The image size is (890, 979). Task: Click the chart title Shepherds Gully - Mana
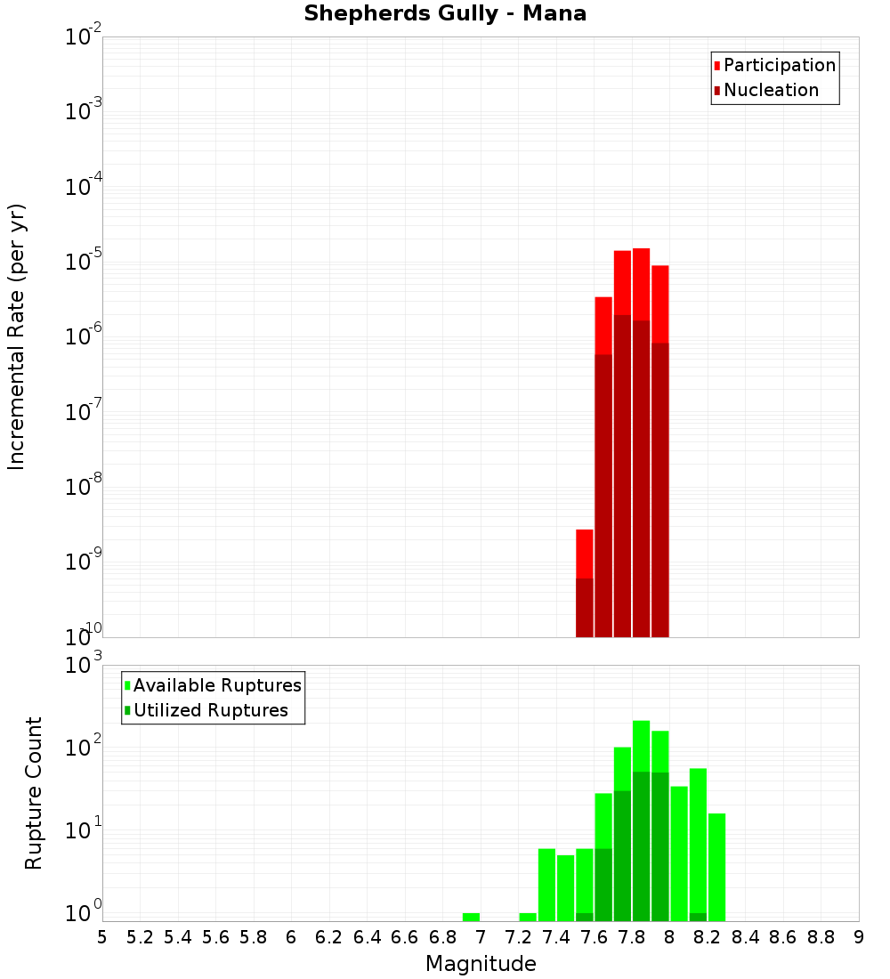pyautogui.click(x=445, y=14)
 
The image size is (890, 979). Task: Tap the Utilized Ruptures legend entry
pyautogui.click(x=210, y=710)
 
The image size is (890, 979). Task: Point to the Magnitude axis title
pyautogui.click(x=481, y=964)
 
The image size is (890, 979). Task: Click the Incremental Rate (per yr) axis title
pyautogui.click(x=16, y=336)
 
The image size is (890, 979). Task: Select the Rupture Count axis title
pyautogui.click(x=34, y=793)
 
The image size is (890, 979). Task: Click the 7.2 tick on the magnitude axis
pyautogui.click(x=518, y=937)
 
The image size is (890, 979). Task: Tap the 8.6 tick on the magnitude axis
pyautogui.click(x=783, y=937)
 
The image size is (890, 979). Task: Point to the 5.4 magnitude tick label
pyautogui.click(x=178, y=937)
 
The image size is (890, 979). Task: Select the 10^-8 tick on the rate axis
pyautogui.click(x=84, y=487)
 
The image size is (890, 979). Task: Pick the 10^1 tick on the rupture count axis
pyautogui.click(x=85, y=829)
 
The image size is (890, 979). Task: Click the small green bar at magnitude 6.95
pyautogui.click(x=471, y=917)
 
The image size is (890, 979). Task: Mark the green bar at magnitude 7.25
pyautogui.click(x=528, y=917)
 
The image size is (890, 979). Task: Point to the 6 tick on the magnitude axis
pyautogui.click(x=291, y=937)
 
